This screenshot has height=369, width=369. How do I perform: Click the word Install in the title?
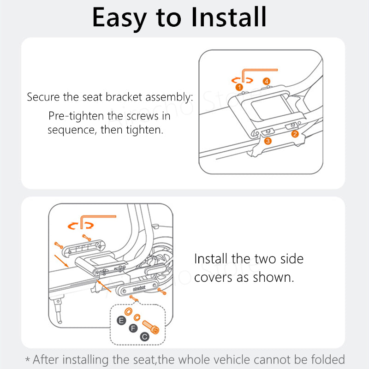click(229, 17)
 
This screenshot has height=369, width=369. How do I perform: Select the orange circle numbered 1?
click(239, 87)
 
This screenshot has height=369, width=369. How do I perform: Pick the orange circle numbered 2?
click(295, 134)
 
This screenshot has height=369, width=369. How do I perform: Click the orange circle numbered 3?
click(268, 141)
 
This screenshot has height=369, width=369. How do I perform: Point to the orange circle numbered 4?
click(267, 82)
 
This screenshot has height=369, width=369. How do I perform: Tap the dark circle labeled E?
click(121, 320)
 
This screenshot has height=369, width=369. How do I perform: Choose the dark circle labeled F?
click(133, 328)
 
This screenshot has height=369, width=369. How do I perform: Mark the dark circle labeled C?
click(145, 337)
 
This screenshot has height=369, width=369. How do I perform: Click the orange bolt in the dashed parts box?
click(151, 327)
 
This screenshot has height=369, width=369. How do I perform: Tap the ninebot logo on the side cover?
click(139, 288)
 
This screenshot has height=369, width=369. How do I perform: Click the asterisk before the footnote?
click(28, 359)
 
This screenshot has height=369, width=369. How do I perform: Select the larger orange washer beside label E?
click(128, 312)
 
